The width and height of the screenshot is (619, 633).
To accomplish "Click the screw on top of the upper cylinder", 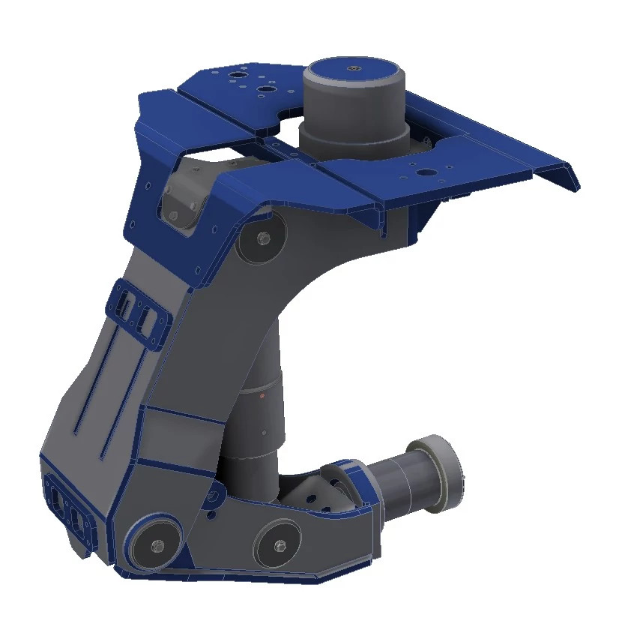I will (354, 69).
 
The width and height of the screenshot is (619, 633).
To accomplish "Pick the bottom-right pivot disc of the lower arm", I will (279, 544).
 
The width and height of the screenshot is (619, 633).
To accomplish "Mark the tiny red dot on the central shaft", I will (263, 393).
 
